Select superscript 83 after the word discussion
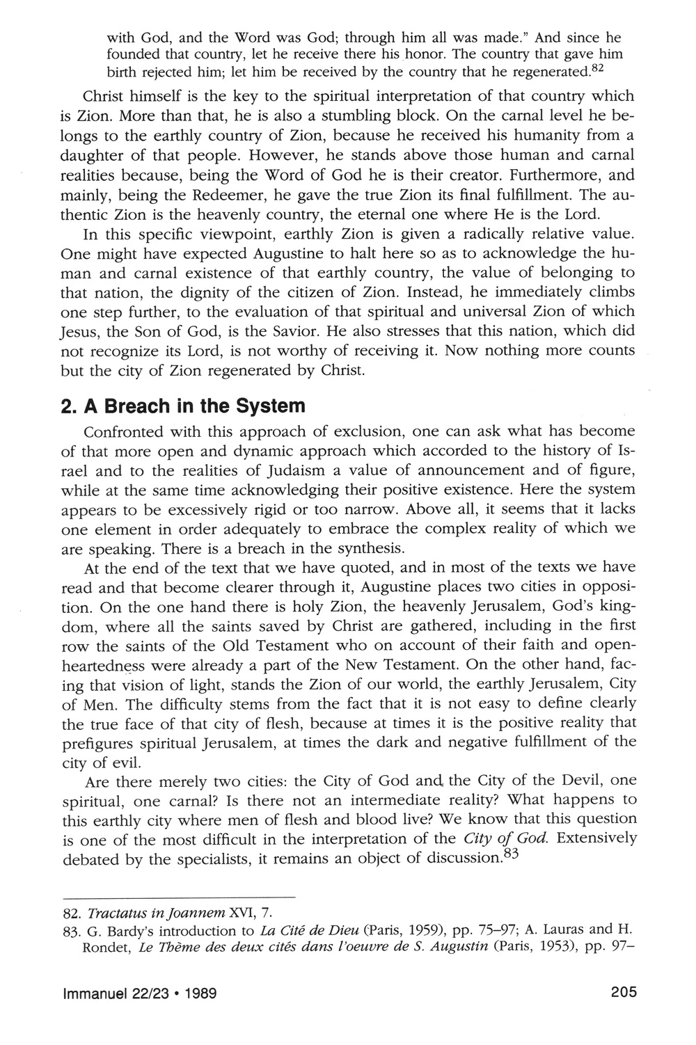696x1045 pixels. (512, 855)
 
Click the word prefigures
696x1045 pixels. (100, 742)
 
